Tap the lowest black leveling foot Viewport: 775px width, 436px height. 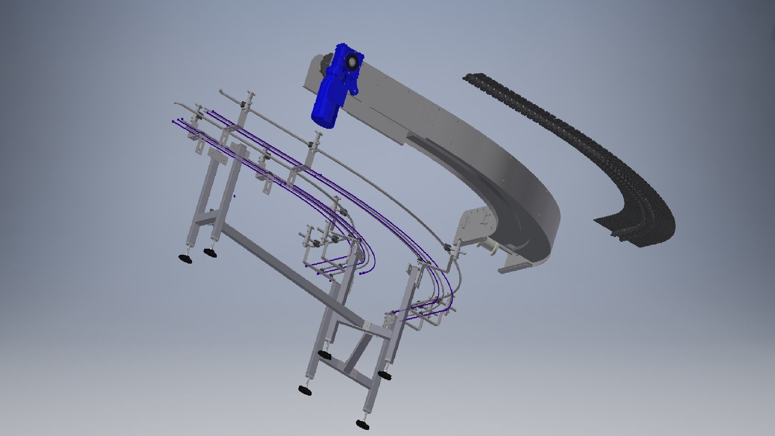tap(363, 424)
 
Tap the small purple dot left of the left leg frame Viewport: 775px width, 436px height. tap(235, 197)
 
